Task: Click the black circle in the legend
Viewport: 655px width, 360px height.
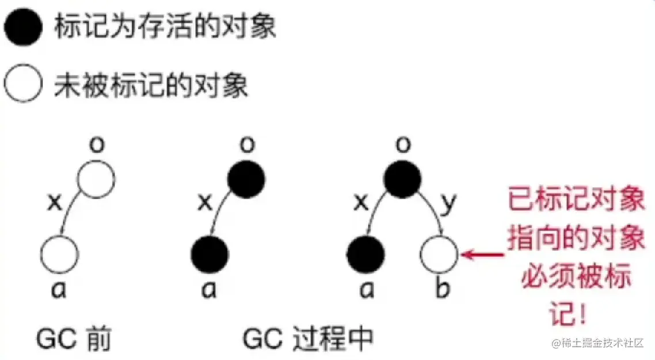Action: (x=23, y=28)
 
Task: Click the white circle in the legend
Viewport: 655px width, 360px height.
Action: (x=23, y=85)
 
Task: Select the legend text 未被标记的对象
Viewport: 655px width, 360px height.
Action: (x=151, y=86)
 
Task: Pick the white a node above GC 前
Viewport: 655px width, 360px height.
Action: (x=60, y=253)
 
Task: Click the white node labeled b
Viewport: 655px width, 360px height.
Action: (x=440, y=253)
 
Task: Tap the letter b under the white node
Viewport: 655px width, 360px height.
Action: (x=442, y=289)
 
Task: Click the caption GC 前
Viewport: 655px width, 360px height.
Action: (x=74, y=340)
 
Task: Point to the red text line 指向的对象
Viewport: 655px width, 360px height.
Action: (x=576, y=239)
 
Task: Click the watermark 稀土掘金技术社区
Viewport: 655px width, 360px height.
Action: (x=601, y=344)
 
